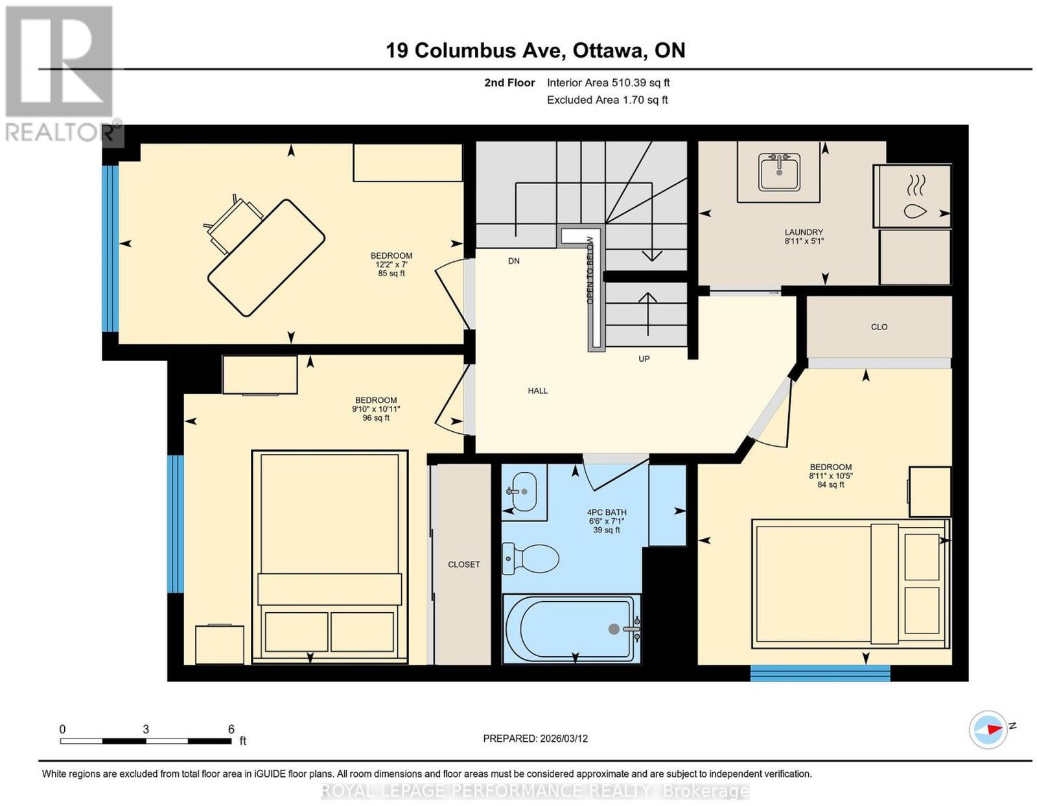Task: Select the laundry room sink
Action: pyautogui.click(x=779, y=171)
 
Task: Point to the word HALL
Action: pyautogui.click(x=537, y=391)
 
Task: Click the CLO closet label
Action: pyautogui.click(x=879, y=327)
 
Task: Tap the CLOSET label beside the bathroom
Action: pyautogui.click(x=464, y=565)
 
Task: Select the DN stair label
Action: pyautogui.click(x=513, y=261)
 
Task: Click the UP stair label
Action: pyautogui.click(x=644, y=359)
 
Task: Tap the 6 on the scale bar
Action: pyautogui.click(x=231, y=729)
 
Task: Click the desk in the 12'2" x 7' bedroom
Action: pyautogui.click(x=266, y=257)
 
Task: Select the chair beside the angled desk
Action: pyautogui.click(x=233, y=223)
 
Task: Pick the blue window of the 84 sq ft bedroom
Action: pyautogui.click(x=820, y=673)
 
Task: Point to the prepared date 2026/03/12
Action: pyautogui.click(x=564, y=739)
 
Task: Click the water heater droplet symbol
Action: pyautogui.click(x=915, y=211)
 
